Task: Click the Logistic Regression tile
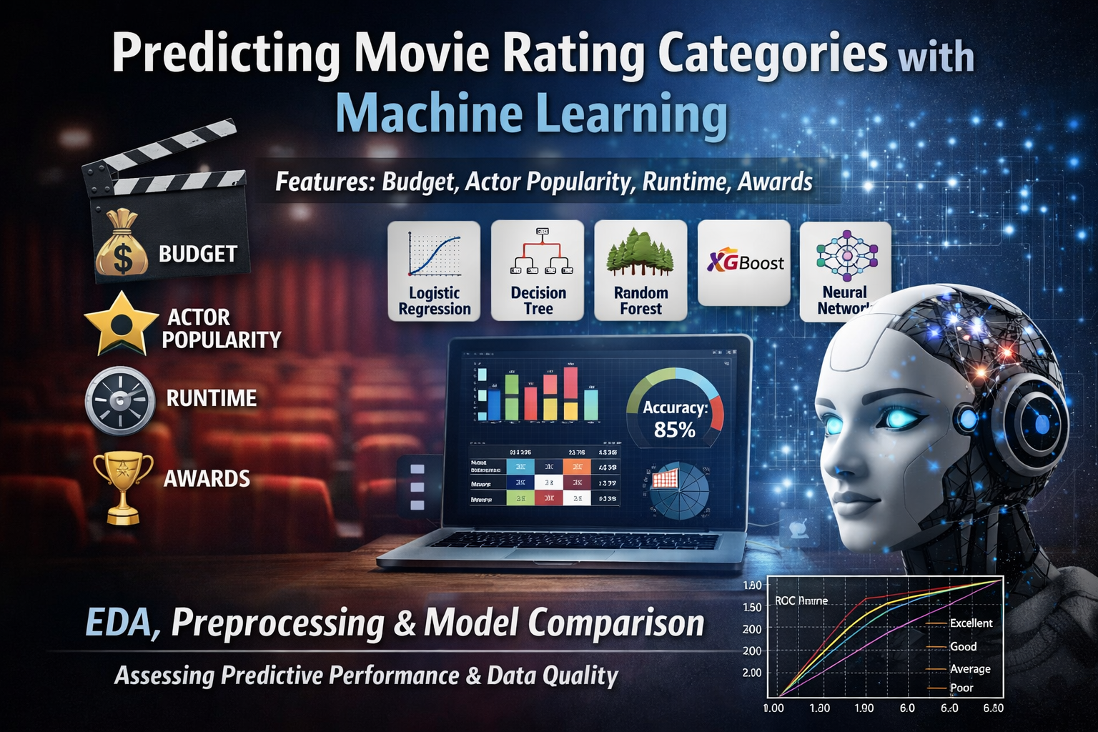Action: [434, 271]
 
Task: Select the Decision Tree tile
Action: [538, 271]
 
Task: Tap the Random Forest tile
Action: [640, 271]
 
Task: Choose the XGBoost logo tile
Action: [744, 263]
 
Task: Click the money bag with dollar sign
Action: [122, 244]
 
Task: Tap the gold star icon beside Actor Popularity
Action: [121, 324]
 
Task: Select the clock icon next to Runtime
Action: [120, 401]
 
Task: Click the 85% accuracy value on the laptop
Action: [674, 430]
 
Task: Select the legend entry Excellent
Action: [970, 623]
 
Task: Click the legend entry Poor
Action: [961, 688]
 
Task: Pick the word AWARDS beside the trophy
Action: [207, 479]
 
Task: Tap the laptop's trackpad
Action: [558, 554]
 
